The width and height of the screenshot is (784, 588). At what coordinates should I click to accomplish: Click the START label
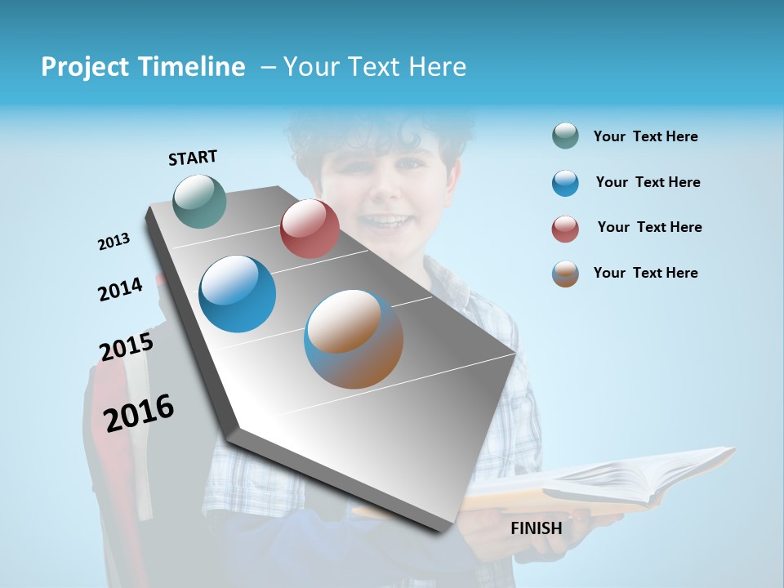tap(193, 158)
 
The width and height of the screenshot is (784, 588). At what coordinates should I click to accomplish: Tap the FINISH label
tap(536, 528)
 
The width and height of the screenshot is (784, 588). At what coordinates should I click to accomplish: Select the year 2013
tap(114, 242)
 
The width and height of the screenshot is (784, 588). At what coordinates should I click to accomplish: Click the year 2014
tap(120, 289)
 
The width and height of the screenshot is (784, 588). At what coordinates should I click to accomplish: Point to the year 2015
tap(127, 346)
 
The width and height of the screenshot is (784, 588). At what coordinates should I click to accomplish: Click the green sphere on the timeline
tap(200, 201)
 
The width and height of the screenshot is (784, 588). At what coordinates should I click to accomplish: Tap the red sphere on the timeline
tap(310, 229)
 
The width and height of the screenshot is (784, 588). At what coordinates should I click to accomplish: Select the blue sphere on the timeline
tap(238, 294)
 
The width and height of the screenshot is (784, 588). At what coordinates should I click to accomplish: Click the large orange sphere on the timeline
tap(354, 339)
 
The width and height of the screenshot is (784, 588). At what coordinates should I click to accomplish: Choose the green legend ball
tap(565, 136)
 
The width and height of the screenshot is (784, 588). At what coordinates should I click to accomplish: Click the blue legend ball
tap(565, 183)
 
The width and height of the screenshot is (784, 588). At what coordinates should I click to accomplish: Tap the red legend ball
tap(565, 229)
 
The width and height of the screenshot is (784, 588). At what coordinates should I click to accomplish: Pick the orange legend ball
tap(565, 274)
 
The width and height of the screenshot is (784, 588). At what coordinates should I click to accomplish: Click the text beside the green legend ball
tap(645, 136)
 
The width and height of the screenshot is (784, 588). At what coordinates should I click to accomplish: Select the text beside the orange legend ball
tap(645, 273)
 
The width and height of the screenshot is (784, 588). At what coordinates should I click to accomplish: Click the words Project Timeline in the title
tap(143, 67)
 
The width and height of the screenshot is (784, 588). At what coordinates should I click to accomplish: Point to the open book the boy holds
tap(604, 482)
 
